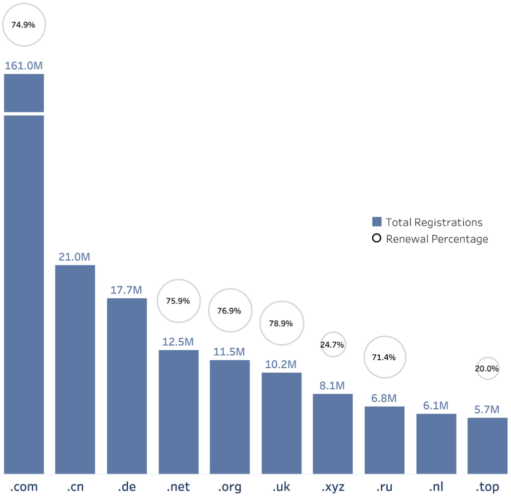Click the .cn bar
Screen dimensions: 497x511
click(x=75, y=369)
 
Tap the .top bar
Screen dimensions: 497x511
click(x=488, y=446)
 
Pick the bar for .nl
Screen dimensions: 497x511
click(x=436, y=444)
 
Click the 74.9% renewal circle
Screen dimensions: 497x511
click(x=23, y=24)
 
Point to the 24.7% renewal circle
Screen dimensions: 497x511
click(x=332, y=345)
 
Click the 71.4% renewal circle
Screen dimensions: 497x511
click(x=384, y=357)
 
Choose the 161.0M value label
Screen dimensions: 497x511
click(x=24, y=65)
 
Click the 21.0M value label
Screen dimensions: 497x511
click(x=75, y=257)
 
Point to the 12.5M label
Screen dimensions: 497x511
click(x=179, y=342)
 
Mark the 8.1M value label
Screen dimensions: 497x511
click(x=332, y=386)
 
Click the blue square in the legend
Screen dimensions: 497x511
click(x=377, y=222)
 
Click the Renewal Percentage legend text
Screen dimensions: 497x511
click(x=437, y=239)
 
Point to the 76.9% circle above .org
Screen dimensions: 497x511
click(x=230, y=311)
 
